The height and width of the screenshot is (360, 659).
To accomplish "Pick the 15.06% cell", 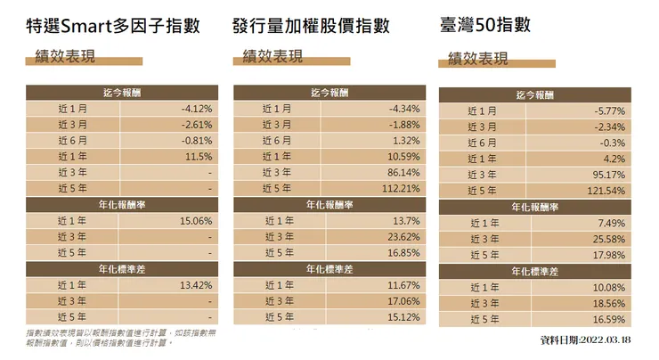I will tap(195, 221).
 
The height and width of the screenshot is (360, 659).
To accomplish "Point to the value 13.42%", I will tap(195, 285).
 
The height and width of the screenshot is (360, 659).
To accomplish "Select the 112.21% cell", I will tap(400, 188).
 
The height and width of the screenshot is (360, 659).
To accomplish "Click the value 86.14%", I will tap(403, 172).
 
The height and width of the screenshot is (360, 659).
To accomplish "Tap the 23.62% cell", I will tap(403, 237).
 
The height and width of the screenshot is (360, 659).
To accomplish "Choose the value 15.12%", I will tap(403, 317).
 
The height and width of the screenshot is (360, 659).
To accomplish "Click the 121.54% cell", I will tap(606, 191).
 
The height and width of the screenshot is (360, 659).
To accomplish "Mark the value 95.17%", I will tap(608, 175).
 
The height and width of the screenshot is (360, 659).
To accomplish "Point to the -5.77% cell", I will tap(609, 110).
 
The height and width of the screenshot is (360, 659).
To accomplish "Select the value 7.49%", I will tap(612, 223).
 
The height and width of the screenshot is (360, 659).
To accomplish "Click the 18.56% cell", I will tap(609, 303).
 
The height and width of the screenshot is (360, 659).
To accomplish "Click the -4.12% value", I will tap(197, 108).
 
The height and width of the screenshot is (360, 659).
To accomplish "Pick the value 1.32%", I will tap(406, 140).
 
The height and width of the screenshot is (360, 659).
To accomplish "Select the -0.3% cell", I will tap(613, 143).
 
